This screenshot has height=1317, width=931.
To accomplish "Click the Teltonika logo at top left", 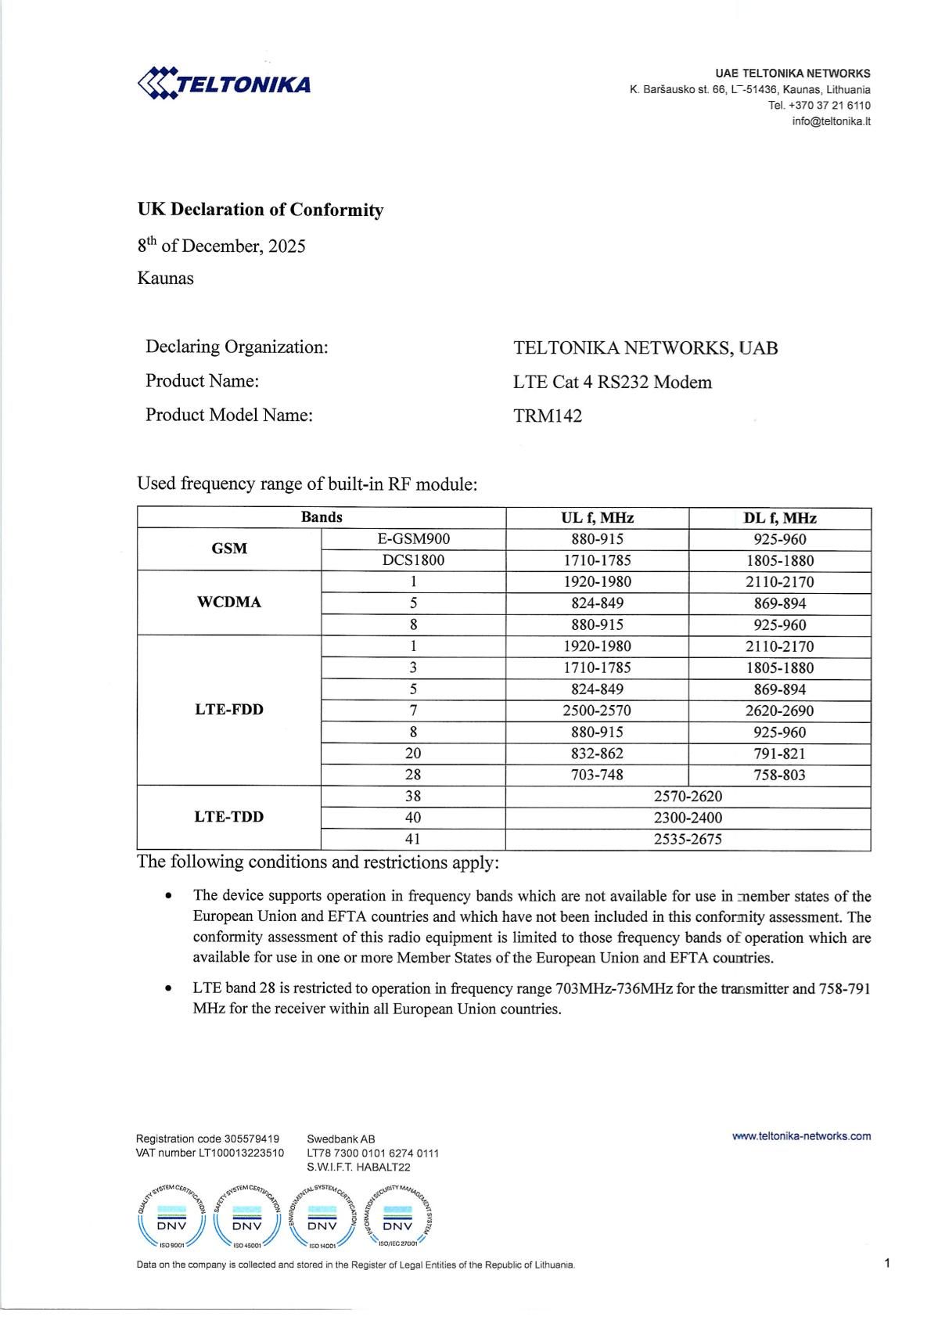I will (224, 83).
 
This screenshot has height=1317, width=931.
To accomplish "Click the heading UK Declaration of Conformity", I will (261, 210).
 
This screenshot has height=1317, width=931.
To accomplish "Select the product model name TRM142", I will (548, 416).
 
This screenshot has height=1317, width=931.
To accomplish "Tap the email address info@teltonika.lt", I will (831, 121).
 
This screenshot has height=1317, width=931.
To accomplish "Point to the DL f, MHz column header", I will (779, 518).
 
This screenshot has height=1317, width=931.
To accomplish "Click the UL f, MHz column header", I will (597, 518).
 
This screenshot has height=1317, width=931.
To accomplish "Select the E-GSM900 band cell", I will (413, 539).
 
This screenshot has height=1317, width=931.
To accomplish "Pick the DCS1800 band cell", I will (413, 560).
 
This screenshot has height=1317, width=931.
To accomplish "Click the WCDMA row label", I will (229, 603).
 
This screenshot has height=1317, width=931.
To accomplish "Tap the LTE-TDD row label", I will (229, 817).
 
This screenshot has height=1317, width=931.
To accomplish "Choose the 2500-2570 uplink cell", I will (597, 711).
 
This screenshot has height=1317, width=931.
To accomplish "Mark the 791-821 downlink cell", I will (779, 754).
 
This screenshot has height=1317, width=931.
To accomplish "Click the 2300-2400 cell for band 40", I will (688, 818).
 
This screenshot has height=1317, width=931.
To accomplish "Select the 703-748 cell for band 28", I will (597, 775).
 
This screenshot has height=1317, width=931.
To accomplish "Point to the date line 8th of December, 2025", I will (221, 246).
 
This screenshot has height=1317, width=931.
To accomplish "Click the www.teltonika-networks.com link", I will (801, 1136).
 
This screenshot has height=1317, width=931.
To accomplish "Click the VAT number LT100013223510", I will (210, 1153).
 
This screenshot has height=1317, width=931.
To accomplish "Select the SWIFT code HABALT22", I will (358, 1167).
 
